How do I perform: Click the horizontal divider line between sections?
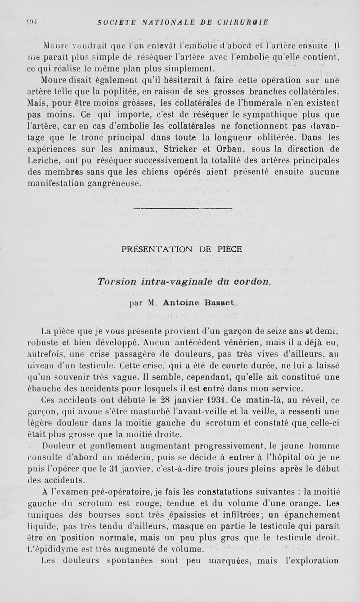[183, 208]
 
